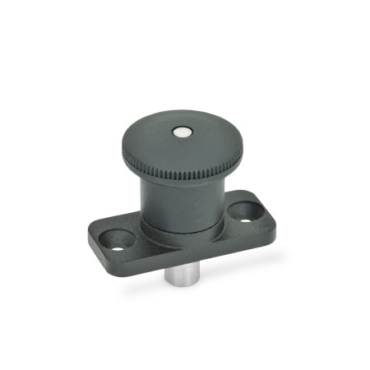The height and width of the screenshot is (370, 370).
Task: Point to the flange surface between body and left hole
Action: point(140,234)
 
